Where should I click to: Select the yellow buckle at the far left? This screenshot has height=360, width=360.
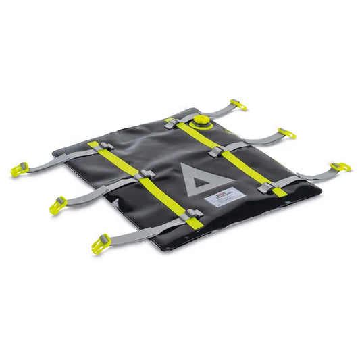point(18,169)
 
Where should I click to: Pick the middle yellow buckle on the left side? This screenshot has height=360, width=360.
point(57,205)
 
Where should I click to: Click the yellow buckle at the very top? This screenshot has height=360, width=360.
point(238,104)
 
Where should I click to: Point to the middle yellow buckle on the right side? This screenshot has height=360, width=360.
point(286,133)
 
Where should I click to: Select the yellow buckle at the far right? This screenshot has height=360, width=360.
point(340,166)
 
